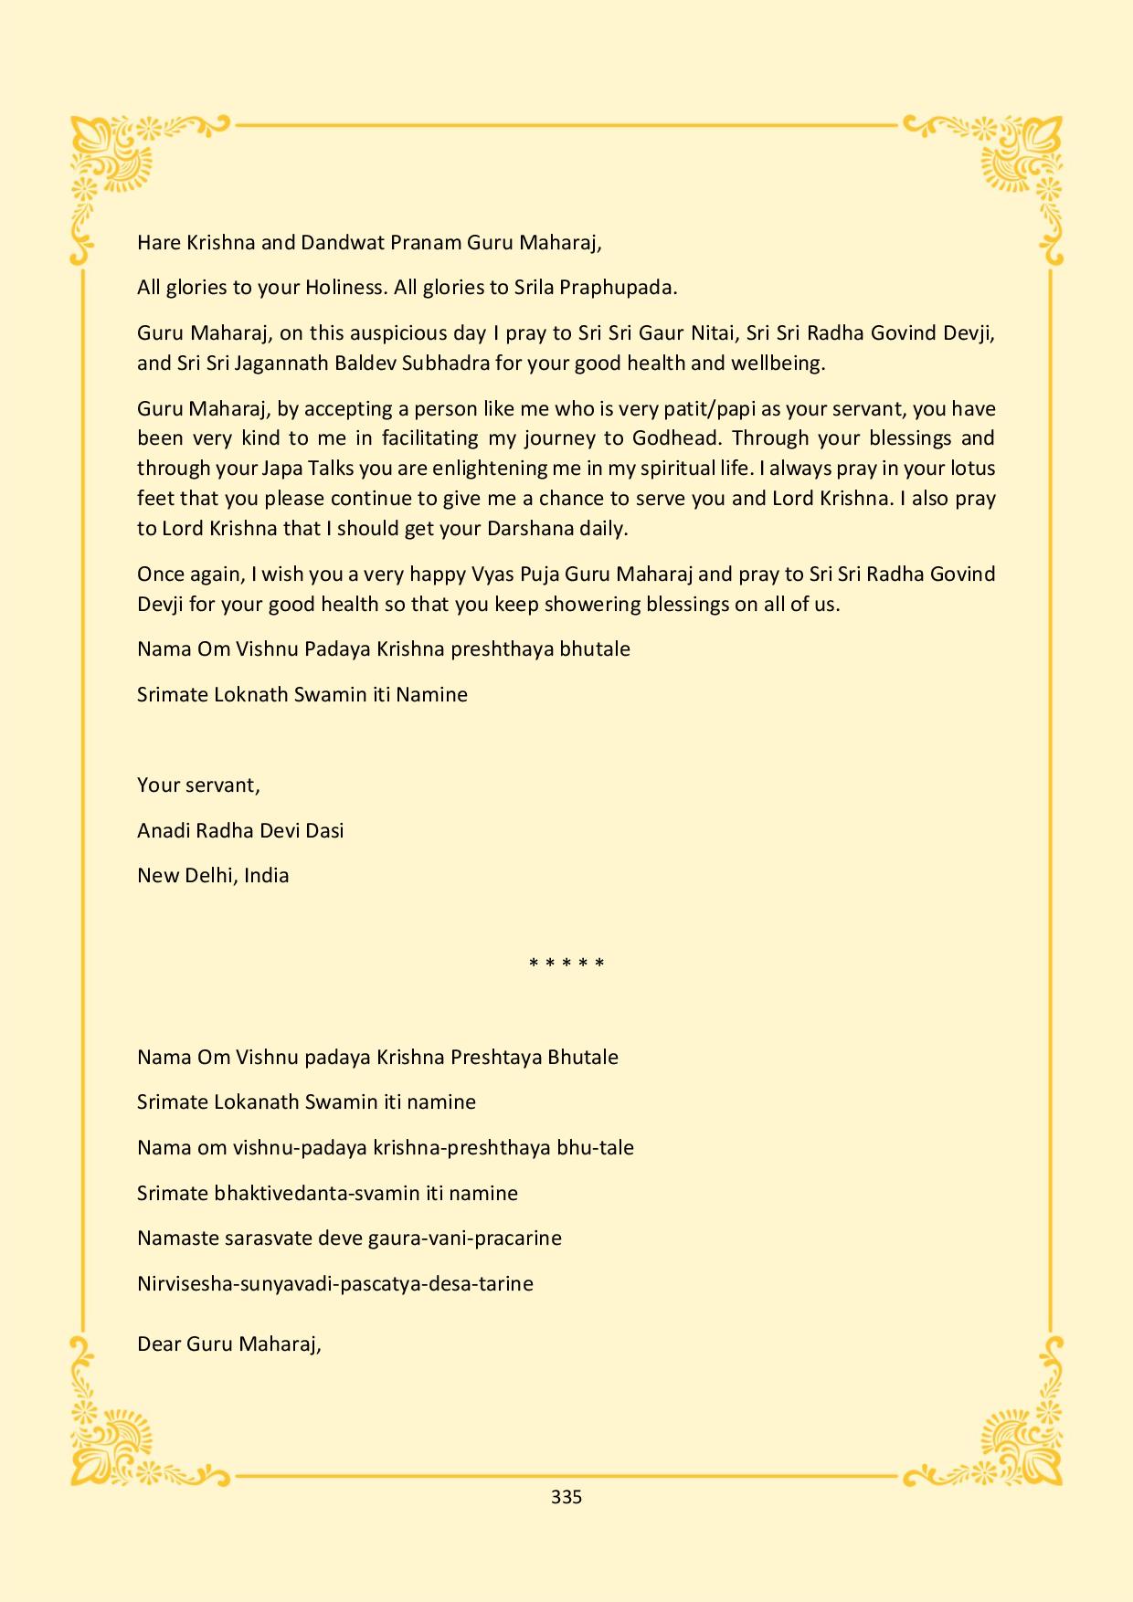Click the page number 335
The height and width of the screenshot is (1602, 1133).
click(x=566, y=1497)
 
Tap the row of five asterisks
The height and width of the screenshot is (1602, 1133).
click(x=566, y=964)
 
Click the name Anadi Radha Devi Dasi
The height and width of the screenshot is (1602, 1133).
click(x=240, y=831)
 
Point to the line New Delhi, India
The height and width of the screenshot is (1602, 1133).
click(x=213, y=876)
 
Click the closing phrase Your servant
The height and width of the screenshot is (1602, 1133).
click(x=198, y=785)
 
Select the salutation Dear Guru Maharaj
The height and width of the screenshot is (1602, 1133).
click(x=228, y=1344)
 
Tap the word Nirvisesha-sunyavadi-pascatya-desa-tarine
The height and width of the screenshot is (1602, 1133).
click(x=335, y=1284)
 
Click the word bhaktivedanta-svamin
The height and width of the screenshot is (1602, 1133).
click(x=304, y=1194)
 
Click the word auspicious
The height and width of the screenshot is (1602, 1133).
click(x=399, y=333)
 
